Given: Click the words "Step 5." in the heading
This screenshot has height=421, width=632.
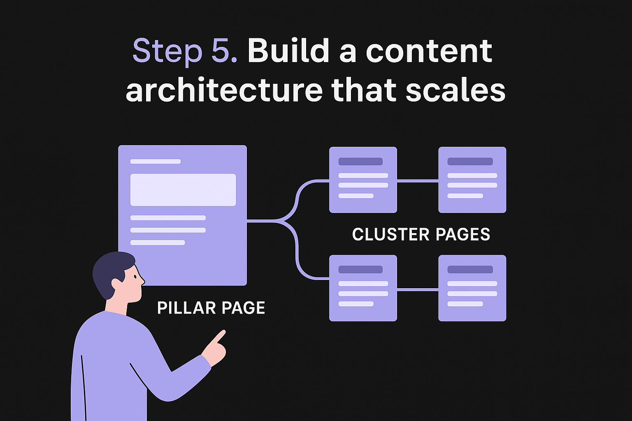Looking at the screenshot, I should tap(185, 51).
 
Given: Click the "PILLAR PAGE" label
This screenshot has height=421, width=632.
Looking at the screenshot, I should tap(211, 308).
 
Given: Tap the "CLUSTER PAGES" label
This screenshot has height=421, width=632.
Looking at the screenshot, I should tap(421, 234).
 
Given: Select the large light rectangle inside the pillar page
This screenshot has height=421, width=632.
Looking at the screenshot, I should tap(183, 190).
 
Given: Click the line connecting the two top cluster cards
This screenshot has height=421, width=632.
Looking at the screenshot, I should tap(418, 181).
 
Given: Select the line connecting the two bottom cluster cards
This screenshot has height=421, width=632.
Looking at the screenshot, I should tap(418, 289).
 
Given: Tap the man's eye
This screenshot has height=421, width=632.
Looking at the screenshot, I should tap(134, 277).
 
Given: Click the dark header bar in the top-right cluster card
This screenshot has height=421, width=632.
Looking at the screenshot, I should tap(470, 162).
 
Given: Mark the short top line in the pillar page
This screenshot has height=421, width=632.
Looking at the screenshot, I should tap(156, 162).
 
